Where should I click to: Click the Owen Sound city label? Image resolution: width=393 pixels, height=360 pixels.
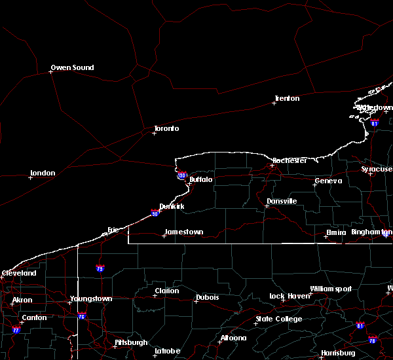[x=72, y=67]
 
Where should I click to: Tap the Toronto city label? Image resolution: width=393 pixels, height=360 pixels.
[x=166, y=128]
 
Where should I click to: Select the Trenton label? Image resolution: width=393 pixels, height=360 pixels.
[x=287, y=98]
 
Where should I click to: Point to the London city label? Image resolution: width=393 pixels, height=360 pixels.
[x=43, y=173]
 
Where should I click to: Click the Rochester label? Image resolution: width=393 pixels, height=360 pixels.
[x=290, y=160]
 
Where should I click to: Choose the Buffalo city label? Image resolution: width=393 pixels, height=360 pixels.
[x=201, y=179]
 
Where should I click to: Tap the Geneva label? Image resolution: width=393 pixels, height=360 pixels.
[x=328, y=181]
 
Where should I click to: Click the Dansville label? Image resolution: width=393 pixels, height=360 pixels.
[x=282, y=201]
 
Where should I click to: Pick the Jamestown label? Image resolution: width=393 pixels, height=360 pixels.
[x=184, y=232]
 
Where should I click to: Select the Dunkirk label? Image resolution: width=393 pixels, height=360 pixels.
[x=172, y=206]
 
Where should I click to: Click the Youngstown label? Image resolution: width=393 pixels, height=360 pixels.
[x=91, y=298]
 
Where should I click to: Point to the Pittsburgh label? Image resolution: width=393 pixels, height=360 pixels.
[x=131, y=342]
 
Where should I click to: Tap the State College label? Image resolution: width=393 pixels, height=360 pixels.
[x=279, y=319]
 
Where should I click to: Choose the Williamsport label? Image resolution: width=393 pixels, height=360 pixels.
[x=331, y=289]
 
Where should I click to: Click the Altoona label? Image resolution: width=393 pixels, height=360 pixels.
[x=233, y=338]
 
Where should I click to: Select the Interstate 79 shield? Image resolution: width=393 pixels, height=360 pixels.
[x=100, y=268]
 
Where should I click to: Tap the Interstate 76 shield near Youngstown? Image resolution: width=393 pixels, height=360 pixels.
[x=81, y=316]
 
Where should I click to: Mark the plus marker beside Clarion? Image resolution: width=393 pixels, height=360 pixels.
[x=155, y=295]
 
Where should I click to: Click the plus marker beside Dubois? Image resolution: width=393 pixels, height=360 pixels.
[x=196, y=301]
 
